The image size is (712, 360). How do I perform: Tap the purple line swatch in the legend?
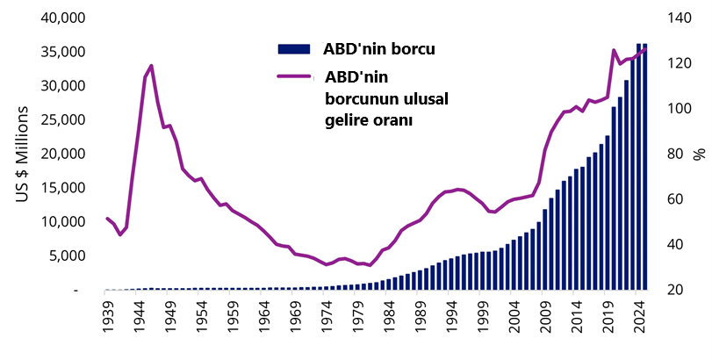point(294,76)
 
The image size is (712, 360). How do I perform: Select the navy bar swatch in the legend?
point(294,47)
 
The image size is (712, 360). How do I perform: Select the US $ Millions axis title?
point(23,155)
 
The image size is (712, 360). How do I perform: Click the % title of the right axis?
point(700,155)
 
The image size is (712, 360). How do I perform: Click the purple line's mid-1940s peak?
point(151,66)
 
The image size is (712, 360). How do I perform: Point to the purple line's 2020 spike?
point(614,51)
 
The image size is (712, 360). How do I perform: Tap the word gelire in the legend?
point(347,119)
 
